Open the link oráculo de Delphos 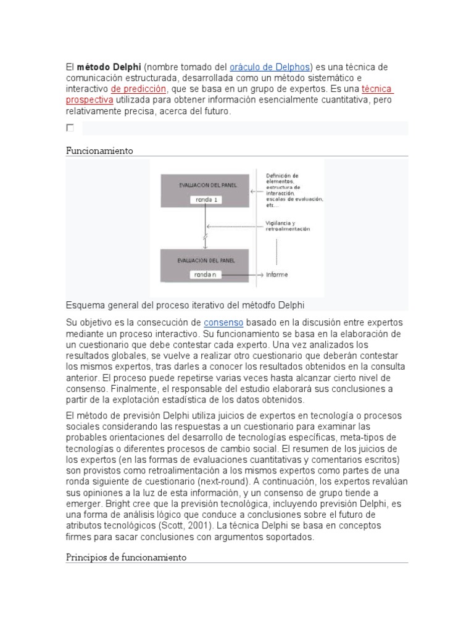[x=270, y=67]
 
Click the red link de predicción [x=139, y=89]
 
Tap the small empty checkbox [x=70, y=128]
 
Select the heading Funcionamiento [x=99, y=151]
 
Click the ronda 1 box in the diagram [x=206, y=200]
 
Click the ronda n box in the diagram [x=206, y=275]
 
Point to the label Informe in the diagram [x=277, y=275]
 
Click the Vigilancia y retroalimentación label [x=288, y=226]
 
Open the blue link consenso [x=223, y=323]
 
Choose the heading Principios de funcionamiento [x=126, y=557]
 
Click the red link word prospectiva [x=89, y=100]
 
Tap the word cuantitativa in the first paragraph [x=344, y=100]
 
